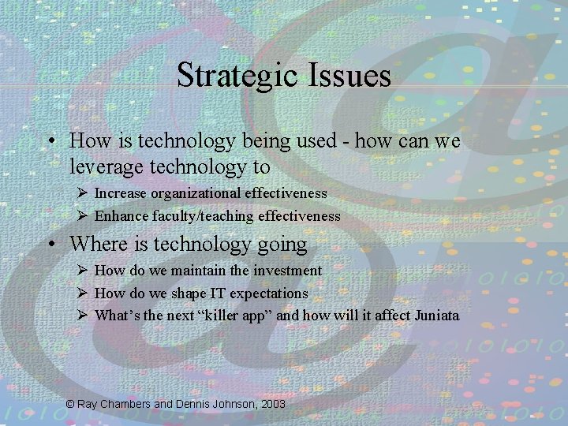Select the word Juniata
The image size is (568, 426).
tap(432, 316)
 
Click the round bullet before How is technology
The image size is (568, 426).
tap(51, 142)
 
